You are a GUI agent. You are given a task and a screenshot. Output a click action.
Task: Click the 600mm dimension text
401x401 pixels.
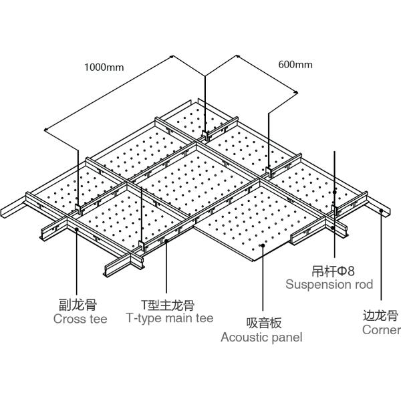coord(295,64)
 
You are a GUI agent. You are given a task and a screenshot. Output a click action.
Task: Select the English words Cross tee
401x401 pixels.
coord(80,319)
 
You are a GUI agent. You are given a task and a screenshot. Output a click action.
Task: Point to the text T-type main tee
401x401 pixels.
coord(169,318)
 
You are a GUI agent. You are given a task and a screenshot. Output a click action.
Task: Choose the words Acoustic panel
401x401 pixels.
coord(261,338)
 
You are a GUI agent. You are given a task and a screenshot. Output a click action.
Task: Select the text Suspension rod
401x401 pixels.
coord(329,285)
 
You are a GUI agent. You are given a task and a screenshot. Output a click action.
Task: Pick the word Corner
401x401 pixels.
coord(382,329)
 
